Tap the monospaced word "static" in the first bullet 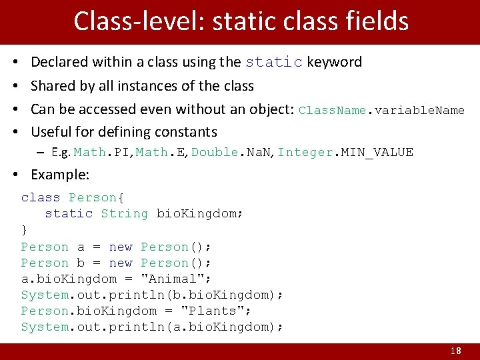(x=274, y=62)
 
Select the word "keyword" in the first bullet (x=335, y=62)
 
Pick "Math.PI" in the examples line (x=102, y=153)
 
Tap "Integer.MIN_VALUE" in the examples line (x=345, y=153)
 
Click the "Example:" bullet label (x=60, y=175)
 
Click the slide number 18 (x=456, y=351)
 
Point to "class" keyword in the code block (x=41, y=198)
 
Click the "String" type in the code (x=124, y=214)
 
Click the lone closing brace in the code (x=25, y=230)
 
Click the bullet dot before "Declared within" (x=15, y=62)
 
